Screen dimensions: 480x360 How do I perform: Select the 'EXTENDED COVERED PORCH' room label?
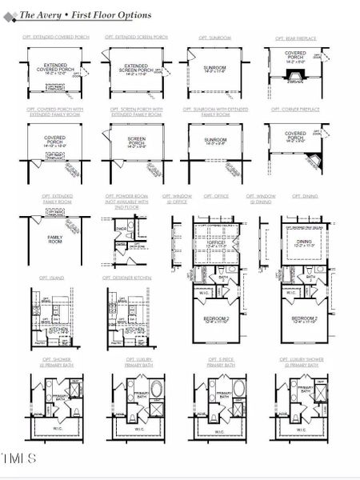(54, 69)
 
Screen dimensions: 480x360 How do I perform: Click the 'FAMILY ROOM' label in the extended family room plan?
(54, 238)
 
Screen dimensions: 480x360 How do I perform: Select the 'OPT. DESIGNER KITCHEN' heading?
(126, 278)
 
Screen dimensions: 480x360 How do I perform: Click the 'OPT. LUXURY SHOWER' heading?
(302, 362)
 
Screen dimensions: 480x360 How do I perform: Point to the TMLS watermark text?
(19, 458)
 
